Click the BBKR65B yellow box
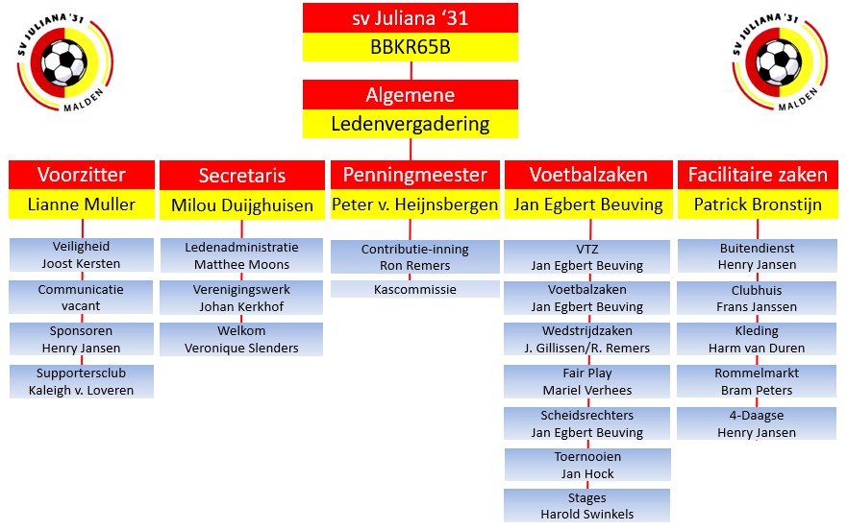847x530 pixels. [411, 46]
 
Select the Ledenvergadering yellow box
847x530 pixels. [411, 123]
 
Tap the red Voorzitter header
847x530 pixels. [82, 175]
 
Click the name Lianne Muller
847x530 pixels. [82, 204]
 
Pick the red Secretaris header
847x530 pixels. [241, 175]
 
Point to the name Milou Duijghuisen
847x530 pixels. [241, 204]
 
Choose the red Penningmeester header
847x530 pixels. [415, 175]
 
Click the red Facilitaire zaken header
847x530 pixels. [758, 175]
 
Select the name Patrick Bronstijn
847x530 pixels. [758, 204]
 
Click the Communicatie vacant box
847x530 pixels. [82, 298]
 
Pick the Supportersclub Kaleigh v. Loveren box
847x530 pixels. [82, 381]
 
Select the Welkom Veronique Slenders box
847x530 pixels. [241, 339]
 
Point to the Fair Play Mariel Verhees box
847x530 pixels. [587, 381]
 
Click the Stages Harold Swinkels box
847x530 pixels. [587, 506]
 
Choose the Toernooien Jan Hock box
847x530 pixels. [587, 465]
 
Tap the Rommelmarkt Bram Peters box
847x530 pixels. [758, 381]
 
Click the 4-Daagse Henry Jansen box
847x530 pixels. [758, 423]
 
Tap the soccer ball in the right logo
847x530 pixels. [779, 61]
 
